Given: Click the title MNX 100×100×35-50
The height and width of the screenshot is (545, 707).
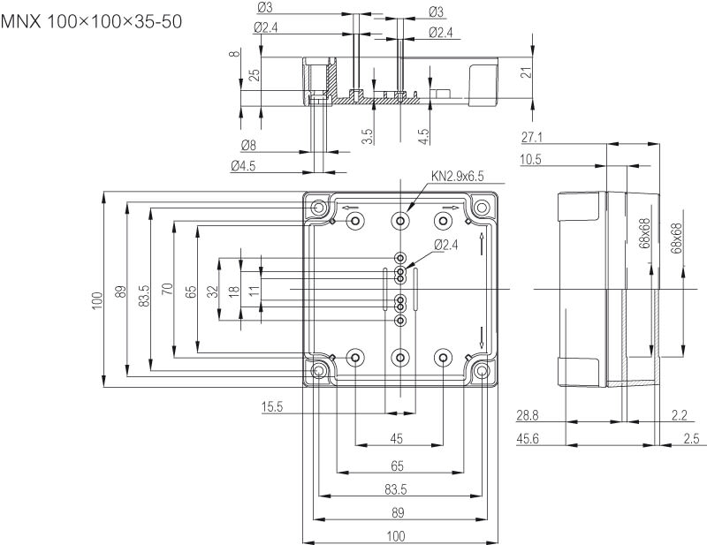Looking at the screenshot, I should tap(93, 20).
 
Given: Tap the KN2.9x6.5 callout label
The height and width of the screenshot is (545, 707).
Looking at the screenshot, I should tap(458, 176).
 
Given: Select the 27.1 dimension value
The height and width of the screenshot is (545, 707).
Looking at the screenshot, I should tap(531, 137).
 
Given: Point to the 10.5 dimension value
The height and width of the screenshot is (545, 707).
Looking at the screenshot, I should tap(531, 160).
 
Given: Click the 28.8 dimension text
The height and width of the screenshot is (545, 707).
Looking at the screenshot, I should tap(528, 414).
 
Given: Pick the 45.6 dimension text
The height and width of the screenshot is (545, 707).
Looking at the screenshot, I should tap(528, 438).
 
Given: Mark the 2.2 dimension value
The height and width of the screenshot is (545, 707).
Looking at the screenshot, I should tap(680, 414).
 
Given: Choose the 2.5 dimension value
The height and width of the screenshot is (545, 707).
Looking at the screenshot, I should tap(690, 438).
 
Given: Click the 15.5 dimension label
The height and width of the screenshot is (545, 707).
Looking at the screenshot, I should tap(272, 406).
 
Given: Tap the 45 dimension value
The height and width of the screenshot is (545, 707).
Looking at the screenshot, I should tap(397, 439).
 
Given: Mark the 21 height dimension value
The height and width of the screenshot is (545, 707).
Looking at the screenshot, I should tap(528, 73).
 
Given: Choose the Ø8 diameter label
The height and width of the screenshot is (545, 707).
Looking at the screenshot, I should tap(247, 145).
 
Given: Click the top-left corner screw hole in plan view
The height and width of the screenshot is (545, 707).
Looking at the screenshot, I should tap(318, 208).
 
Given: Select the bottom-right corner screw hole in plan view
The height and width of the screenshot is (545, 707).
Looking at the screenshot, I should tap(481, 371).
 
